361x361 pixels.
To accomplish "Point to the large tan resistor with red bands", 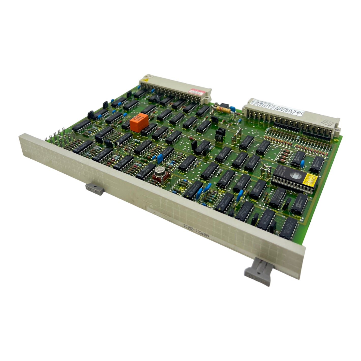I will tap(224, 110).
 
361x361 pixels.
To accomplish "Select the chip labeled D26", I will tap(246, 143).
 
